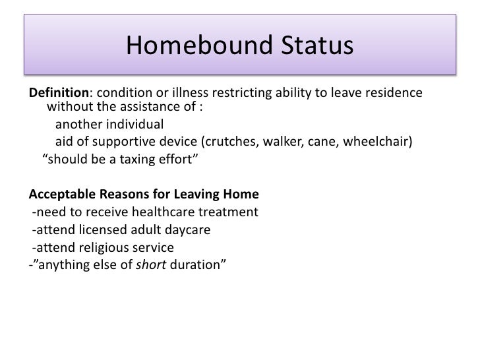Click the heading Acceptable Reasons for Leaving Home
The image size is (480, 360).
coord(144,195)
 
